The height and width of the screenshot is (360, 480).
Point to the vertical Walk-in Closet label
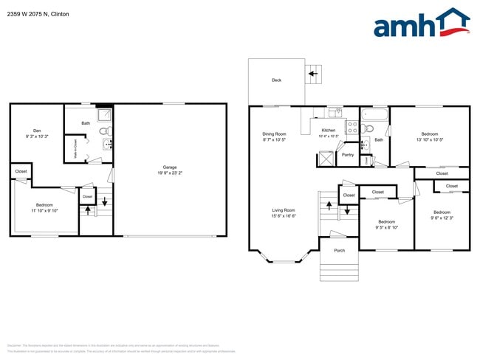(75, 149)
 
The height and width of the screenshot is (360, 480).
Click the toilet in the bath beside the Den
(104, 131)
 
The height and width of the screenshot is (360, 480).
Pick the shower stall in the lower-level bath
(106, 114)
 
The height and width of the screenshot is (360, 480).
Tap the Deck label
(276, 80)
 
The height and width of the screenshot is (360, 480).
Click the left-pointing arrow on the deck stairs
(313, 74)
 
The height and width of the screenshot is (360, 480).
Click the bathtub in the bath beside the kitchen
(374, 115)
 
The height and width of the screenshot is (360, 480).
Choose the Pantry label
(347, 155)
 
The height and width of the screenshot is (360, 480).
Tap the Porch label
(339, 250)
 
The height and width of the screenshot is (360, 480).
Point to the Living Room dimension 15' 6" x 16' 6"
(283, 216)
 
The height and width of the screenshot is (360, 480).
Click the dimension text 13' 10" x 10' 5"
(429, 139)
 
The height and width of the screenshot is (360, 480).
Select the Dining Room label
(274, 134)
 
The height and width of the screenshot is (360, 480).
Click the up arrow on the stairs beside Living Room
(329, 203)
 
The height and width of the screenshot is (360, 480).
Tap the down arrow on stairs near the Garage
(104, 200)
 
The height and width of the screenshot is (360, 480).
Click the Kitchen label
(328, 131)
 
